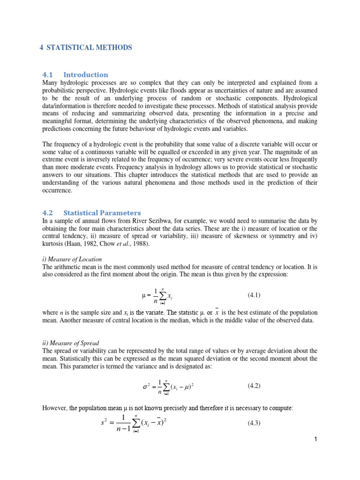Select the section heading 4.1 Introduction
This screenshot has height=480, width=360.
click(x=75, y=75)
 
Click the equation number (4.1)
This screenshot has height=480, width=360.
click(x=254, y=295)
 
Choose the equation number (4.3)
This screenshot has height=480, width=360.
click(x=254, y=423)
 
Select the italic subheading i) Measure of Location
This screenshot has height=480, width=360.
click(x=72, y=259)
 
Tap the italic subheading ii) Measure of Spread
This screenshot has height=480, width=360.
click(x=70, y=343)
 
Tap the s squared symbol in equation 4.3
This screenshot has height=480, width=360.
click(x=104, y=423)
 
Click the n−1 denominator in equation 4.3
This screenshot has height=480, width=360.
click(x=123, y=429)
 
